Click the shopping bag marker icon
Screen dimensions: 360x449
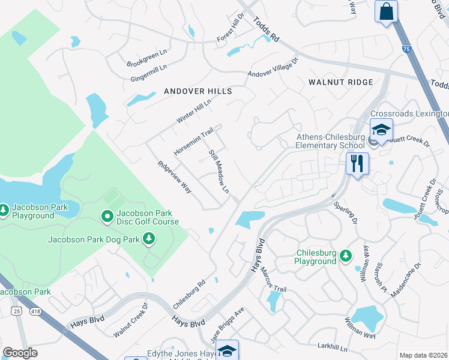[386, 11]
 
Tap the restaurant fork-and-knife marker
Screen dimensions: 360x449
[357, 163]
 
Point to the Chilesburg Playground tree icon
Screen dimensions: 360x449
[346, 256]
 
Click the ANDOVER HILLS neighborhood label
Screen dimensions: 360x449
[197, 91]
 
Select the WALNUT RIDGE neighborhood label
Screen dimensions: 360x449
[340, 82]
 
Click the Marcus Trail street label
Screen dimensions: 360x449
[273, 280]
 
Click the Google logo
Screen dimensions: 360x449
[20, 353]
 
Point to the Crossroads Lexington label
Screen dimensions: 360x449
[409, 113]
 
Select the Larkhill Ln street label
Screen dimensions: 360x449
[333, 347]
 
